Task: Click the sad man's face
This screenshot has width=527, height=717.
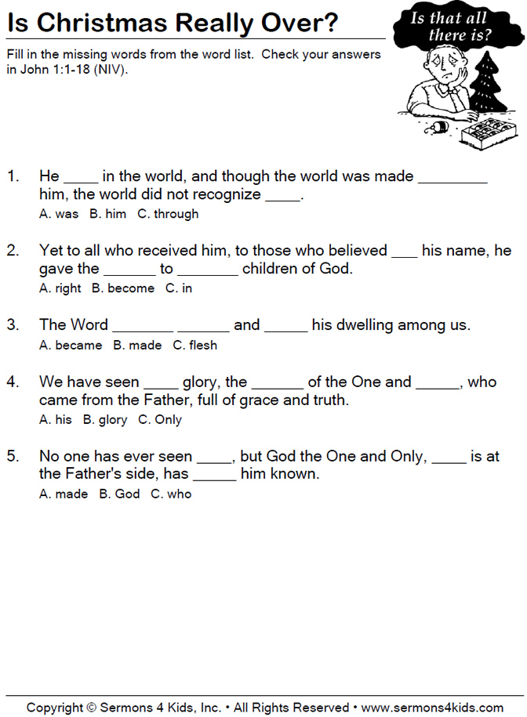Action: pyautogui.click(x=435, y=74)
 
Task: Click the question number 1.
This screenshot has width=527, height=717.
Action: pyautogui.click(x=13, y=176)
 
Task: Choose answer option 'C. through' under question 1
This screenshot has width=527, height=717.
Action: pyautogui.click(x=168, y=214)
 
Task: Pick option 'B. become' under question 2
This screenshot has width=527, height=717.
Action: pyautogui.click(x=122, y=288)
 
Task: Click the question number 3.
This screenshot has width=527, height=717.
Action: pyautogui.click(x=13, y=324)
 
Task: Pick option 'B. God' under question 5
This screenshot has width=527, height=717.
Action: pyautogui.click(x=119, y=494)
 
